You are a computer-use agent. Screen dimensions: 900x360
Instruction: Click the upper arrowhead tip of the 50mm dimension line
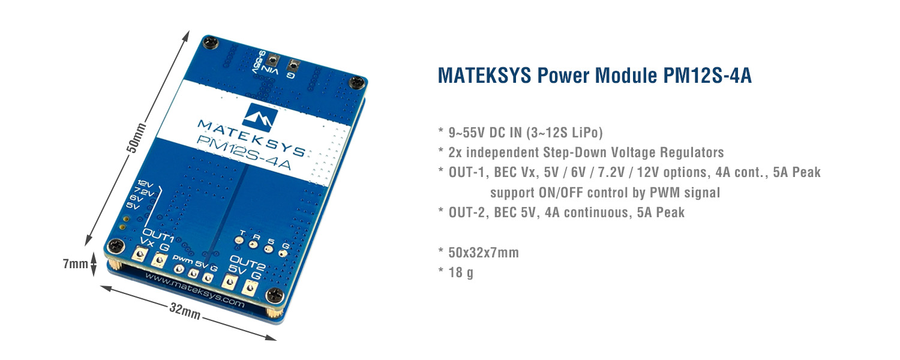(x=188, y=31)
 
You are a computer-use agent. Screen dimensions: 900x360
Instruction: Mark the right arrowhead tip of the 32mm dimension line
(x=277, y=340)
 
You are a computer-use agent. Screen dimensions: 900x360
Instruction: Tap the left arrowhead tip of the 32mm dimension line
(x=100, y=286)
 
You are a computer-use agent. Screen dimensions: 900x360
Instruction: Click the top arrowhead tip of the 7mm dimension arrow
(x=94, y=253)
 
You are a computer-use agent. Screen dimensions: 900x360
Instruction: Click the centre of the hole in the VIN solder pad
(x=274, y=61)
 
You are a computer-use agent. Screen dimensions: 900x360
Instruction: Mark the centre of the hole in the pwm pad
(x=179, y=269)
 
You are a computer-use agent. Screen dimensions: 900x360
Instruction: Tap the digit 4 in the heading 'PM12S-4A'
(x=730, y=76)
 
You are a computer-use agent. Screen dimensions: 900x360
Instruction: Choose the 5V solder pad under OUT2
(x=229, y=283)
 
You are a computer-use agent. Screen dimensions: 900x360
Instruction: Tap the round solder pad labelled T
(x=239, y=240)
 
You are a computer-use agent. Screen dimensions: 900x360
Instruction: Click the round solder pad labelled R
(x=254, y=244)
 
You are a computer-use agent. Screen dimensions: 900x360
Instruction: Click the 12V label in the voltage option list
(x=145, y=184)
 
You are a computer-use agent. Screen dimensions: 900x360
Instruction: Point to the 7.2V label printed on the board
(x=143, y=191)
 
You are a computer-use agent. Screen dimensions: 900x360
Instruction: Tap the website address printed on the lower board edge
(x=194, y=290)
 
